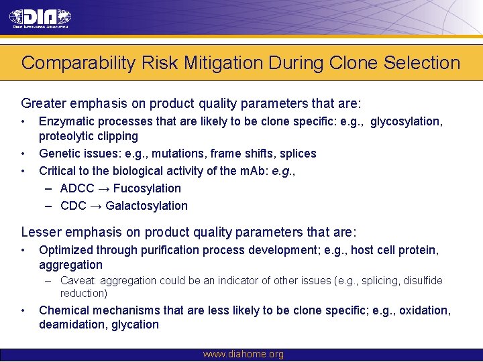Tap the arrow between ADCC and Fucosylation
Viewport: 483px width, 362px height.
[x=103, y=188]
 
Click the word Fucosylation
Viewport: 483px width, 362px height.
[x=147, y=188]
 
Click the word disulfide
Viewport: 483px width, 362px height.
[x=423, y=281]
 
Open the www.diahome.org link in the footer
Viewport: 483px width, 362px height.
[x=243, y=355]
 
